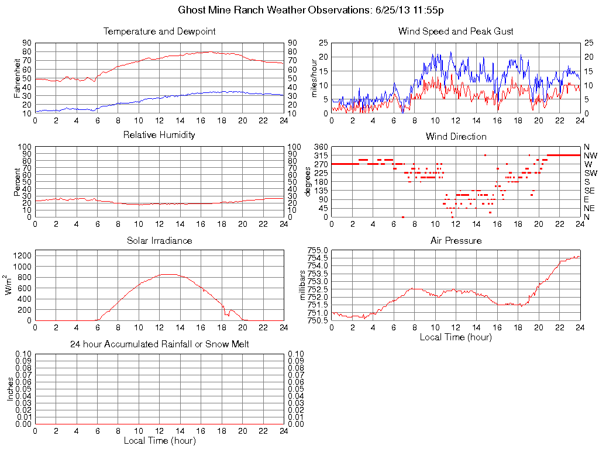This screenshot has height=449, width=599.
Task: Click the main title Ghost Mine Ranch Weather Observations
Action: tap(311, 10)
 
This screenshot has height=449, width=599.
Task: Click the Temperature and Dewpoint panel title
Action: tap(159, 32)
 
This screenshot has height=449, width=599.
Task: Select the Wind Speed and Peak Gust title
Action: tap(456, 32)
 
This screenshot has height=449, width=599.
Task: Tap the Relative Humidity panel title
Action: tap(159, 135)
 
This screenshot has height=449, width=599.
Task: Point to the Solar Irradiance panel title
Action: tap(159, 240)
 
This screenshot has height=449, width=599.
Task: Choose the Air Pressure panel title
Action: tap(456, 240)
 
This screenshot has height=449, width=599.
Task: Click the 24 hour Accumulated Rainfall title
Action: tap(159, 344)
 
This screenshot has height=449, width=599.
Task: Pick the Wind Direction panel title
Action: tap(456, 136)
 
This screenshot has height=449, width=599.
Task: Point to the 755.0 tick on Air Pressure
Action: tap(318, 250)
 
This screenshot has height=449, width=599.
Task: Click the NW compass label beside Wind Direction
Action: tap(590, 156)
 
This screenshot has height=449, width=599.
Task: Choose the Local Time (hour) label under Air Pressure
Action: tap(456, 337)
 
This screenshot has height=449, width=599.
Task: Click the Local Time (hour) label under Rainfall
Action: tap(159, 440)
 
